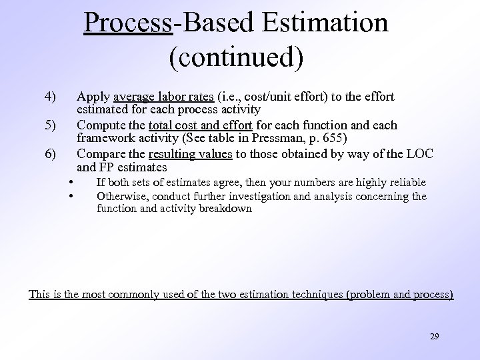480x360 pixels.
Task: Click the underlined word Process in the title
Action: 128,23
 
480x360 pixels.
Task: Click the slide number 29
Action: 434,337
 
